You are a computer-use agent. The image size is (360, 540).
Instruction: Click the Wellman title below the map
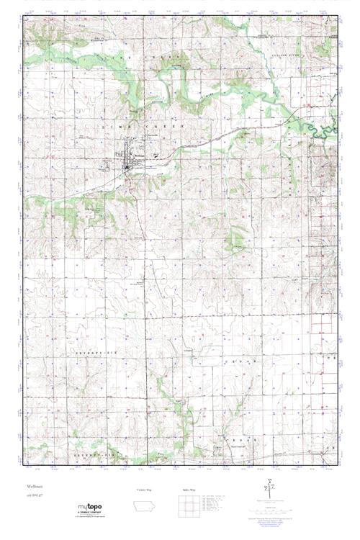[x=30, y=487]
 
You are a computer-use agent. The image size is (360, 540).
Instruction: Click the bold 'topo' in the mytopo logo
[x=92, y=508]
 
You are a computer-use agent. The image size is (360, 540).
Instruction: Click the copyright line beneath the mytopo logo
[x=88, y=519]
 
